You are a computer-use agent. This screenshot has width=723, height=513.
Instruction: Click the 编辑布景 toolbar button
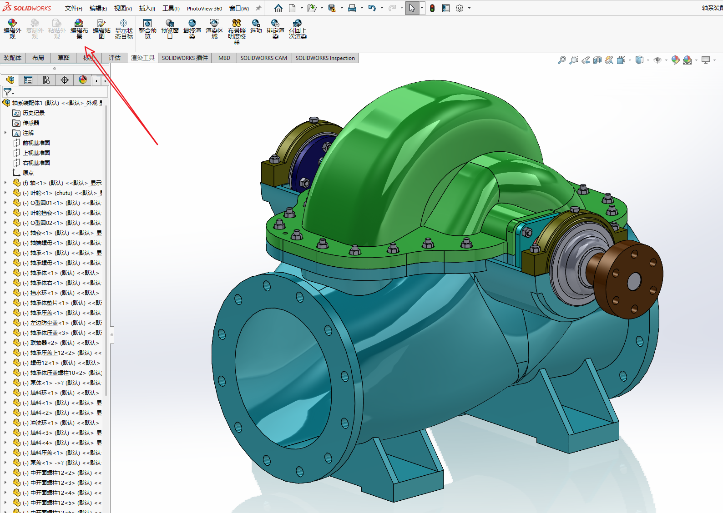(x=79, y=29)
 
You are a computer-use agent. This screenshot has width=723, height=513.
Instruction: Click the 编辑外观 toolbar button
(x=12, y=29)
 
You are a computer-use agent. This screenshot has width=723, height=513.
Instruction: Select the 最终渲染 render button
(x=192, y=29)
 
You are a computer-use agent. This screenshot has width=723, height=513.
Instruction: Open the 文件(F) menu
(x=73, y=8)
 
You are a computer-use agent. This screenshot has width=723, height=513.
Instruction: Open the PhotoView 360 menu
(x=204, y=8)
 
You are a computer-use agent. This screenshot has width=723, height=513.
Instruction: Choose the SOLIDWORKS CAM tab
(x=263, y=58)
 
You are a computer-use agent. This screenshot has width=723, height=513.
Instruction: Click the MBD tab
(x=224, y=58)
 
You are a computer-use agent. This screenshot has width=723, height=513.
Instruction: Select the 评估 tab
(x=115, y=58)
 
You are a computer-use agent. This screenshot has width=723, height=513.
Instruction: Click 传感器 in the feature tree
(x=31, y=123)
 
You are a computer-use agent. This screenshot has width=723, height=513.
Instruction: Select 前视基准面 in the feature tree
(x=36, y=143)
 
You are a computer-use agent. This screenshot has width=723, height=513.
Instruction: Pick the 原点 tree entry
(x=28, y=173)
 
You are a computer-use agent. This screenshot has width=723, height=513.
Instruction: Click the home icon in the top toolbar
(x=278, y=8)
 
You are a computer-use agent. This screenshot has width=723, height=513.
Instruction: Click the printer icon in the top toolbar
(x=352, y=8)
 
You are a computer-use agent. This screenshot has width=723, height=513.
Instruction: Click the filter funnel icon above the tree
(x=7, y=92)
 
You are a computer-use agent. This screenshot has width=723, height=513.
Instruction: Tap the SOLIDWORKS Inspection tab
(x=325, y=58)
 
